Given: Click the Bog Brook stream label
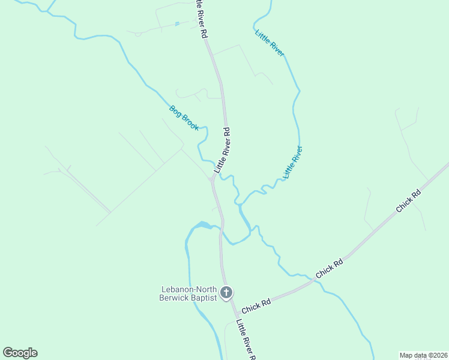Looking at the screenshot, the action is click(x=184, y=118).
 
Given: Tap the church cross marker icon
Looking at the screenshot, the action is click(x=226, y=293).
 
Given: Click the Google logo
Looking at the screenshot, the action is click(x=20, y=353).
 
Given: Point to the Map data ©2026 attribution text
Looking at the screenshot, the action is click(x=423, y=355).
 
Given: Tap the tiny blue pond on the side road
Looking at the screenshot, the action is click(x=177, y=24).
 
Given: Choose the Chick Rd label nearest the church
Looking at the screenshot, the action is click(x=256, y=306).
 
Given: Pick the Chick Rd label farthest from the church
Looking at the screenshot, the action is click(x=409, y=202).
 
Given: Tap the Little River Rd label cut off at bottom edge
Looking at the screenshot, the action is click(x=246, y=340).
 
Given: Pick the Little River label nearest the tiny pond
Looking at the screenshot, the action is click(x=270, y=43).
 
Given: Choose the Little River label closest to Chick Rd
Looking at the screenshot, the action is click(x=293, y=162).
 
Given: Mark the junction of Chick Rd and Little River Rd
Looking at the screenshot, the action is click(x=234, y=312).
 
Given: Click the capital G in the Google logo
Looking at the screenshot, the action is click(x=8, y=353).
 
